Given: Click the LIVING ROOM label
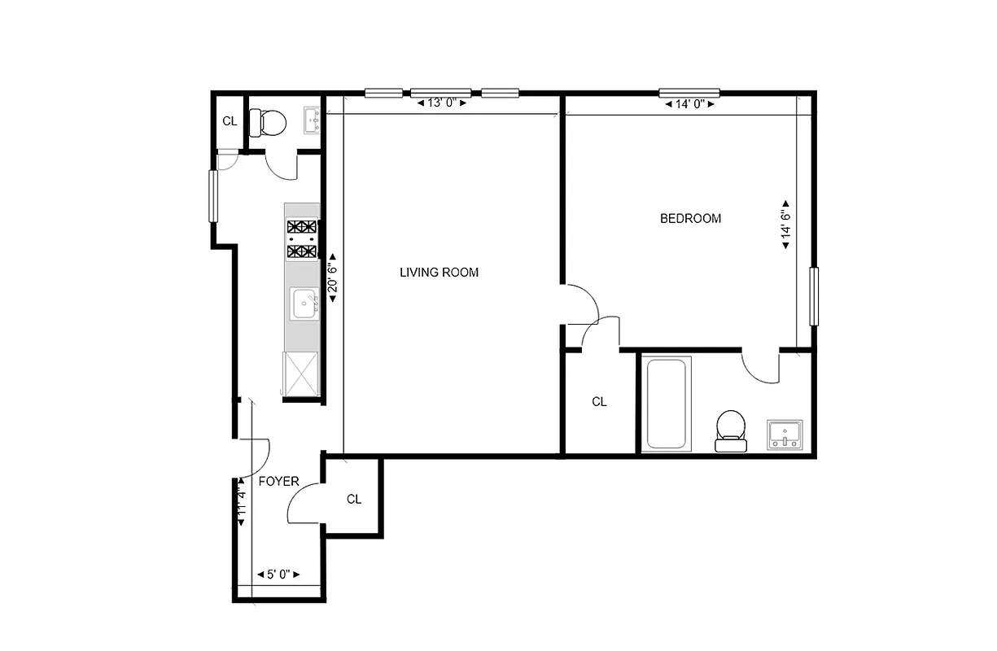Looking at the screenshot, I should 439,273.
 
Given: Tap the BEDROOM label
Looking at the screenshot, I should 690,218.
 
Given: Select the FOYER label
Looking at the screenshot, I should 278,482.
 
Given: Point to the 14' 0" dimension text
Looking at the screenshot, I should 689,104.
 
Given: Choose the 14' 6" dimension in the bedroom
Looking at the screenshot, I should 785,224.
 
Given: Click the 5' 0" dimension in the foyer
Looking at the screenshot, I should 278,575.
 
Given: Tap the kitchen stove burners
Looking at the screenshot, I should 301,239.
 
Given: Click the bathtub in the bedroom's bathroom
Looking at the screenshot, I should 666,404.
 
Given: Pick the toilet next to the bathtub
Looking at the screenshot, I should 730,430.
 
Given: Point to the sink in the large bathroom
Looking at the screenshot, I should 785,434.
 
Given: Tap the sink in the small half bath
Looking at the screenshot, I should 313,120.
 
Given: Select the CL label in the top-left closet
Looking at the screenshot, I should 230,122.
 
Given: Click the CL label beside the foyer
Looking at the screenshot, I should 353,500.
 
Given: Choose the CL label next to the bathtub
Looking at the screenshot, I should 599,402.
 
